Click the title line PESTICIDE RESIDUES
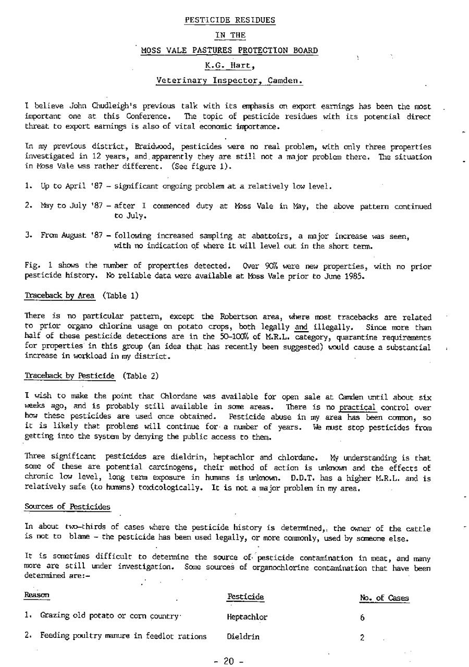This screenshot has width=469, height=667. pyautogui.click(x=230, y=20)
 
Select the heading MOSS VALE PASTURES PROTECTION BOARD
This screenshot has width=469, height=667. pyautogui.click(x=229, y=51)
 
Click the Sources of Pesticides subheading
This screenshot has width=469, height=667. pyautogui.click(x=67, y=506)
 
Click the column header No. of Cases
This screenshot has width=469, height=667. pyautogui.click(x=384, y=598)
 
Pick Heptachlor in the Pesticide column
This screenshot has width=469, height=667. pyautogui.click(x=247, y=617)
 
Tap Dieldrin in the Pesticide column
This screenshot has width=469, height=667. pyautogui.click(x=243, y=637)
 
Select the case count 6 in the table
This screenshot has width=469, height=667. pyautogui.click(x=362, y=617)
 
